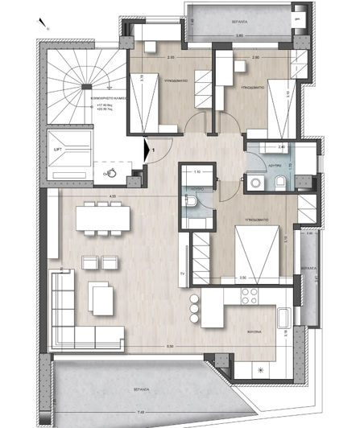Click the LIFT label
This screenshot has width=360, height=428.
[x=57, y=150]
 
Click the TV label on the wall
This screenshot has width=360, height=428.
[x=184, y=273]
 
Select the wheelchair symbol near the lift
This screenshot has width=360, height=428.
[x=113, y=171]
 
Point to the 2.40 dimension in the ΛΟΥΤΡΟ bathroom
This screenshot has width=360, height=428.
[x=281, y=148]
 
